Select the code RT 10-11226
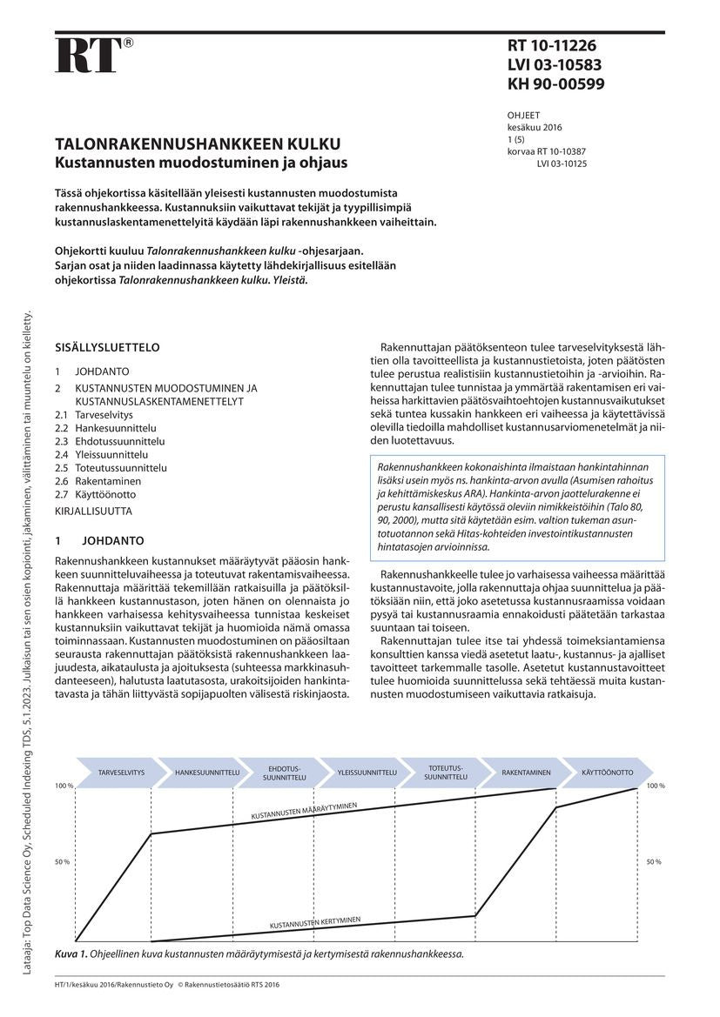pos(551,46)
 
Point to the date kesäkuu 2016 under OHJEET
pos(535,127)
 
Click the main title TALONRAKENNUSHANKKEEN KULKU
pos(198,144)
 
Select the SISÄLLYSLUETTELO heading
pos(107,347)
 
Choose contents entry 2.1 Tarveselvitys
pos(95,415)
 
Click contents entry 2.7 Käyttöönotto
pos(96,493)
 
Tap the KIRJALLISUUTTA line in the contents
pos(93,512)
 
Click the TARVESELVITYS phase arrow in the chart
pos(122,773)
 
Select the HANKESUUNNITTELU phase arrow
pos(207,773)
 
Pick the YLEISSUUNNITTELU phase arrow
pos(367,773)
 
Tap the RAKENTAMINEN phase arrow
pos(526,773)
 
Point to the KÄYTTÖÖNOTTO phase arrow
pos(607,773)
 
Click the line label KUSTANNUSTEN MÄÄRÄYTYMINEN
pos(304,812)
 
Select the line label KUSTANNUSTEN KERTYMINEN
pos(315,922)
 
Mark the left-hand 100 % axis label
pos(64,786)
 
